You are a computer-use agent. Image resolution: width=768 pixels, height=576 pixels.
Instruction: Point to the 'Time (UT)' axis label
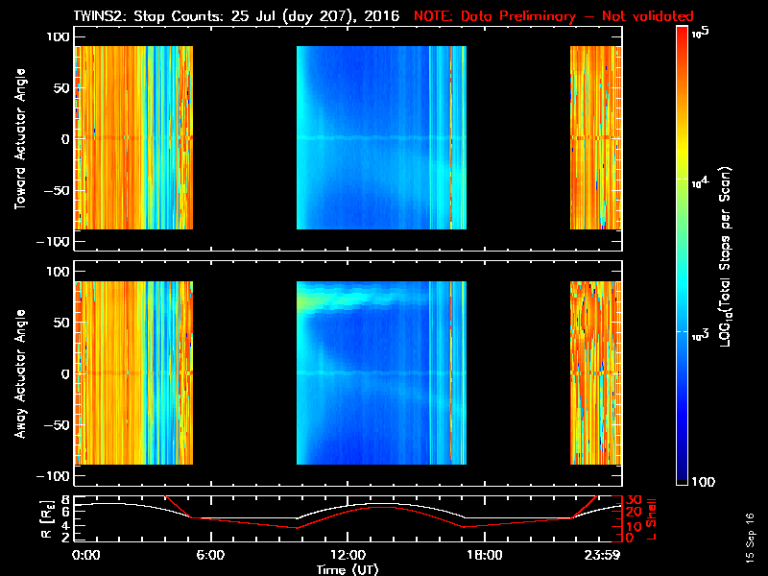(348, 569)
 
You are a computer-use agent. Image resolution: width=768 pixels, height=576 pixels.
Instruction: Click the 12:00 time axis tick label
(348, 555)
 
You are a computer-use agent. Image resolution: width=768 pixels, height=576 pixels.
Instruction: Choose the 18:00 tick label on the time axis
(484, 555)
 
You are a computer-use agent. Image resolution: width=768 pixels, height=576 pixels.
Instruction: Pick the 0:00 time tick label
(86, 555)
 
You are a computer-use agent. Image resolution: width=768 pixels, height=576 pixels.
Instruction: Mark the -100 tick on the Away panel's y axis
(54, 476)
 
